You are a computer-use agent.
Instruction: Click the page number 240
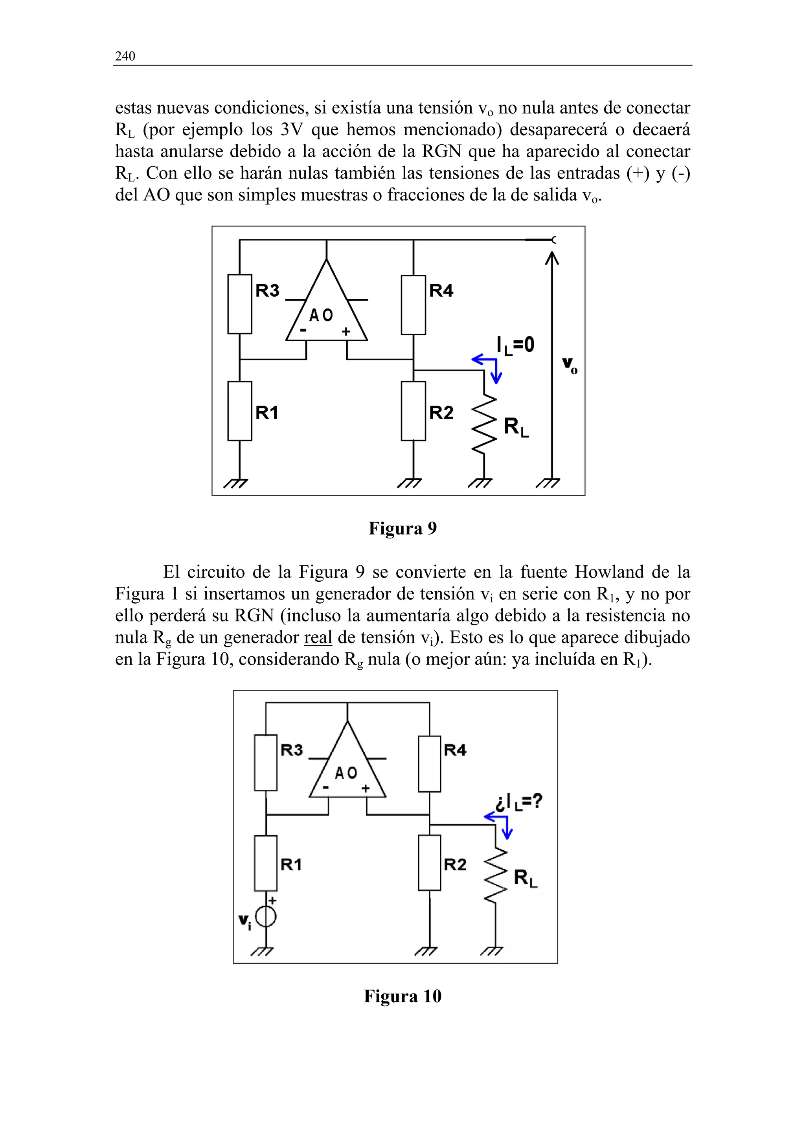tap(125, 56)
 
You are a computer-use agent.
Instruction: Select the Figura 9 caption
tap(402, 529)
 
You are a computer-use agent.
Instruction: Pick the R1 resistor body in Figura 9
tap(239, 411)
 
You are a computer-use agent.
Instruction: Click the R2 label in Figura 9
tap(441, 412)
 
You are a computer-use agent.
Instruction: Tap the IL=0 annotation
tap(515, 344)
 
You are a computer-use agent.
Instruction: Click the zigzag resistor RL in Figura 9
tap(484, 424)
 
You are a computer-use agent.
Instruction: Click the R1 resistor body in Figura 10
tap(266, 863)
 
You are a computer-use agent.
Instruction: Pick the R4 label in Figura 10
tap(455, 750)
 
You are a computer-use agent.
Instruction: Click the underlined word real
tap(318, 637)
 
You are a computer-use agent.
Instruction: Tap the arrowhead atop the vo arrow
tap(551, 258)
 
